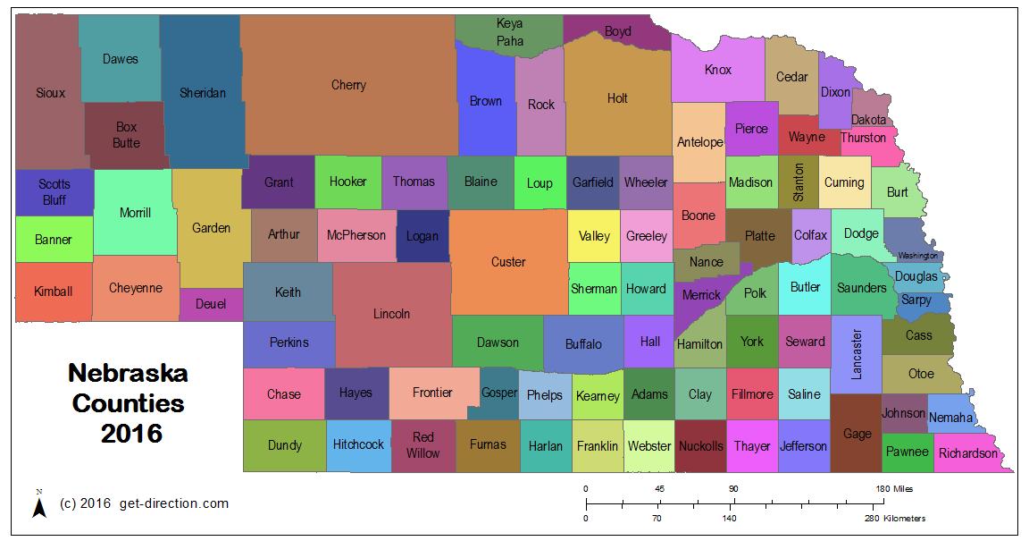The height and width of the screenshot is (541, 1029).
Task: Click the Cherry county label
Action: (348, 85)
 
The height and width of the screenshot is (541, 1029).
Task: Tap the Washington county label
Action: (917, 256)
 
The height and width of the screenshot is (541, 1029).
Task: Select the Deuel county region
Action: (211, 305)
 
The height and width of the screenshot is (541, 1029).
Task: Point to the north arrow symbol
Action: (39, 505)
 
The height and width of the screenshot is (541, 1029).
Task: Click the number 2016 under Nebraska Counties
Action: (131, 434)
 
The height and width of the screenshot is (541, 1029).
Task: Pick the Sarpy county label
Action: (916, 300)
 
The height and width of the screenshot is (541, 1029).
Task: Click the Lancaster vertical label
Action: (857, 354)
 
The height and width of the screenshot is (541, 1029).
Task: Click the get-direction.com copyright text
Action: (144, 503)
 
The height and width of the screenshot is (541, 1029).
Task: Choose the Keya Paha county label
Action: (509, 31)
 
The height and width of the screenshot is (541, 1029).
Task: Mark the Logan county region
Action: (422, 236)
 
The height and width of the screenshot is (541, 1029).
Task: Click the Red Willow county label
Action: (423, 444)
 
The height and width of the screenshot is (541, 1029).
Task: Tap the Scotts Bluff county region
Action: (54, 192)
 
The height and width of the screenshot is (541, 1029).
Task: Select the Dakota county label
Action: (868, 120)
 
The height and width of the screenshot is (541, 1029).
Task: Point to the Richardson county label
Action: (967, 453)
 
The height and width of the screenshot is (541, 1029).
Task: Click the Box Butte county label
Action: (126, 135)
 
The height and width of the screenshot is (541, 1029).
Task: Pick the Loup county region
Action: (540, 183)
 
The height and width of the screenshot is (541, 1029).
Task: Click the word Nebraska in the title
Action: (129, 373)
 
